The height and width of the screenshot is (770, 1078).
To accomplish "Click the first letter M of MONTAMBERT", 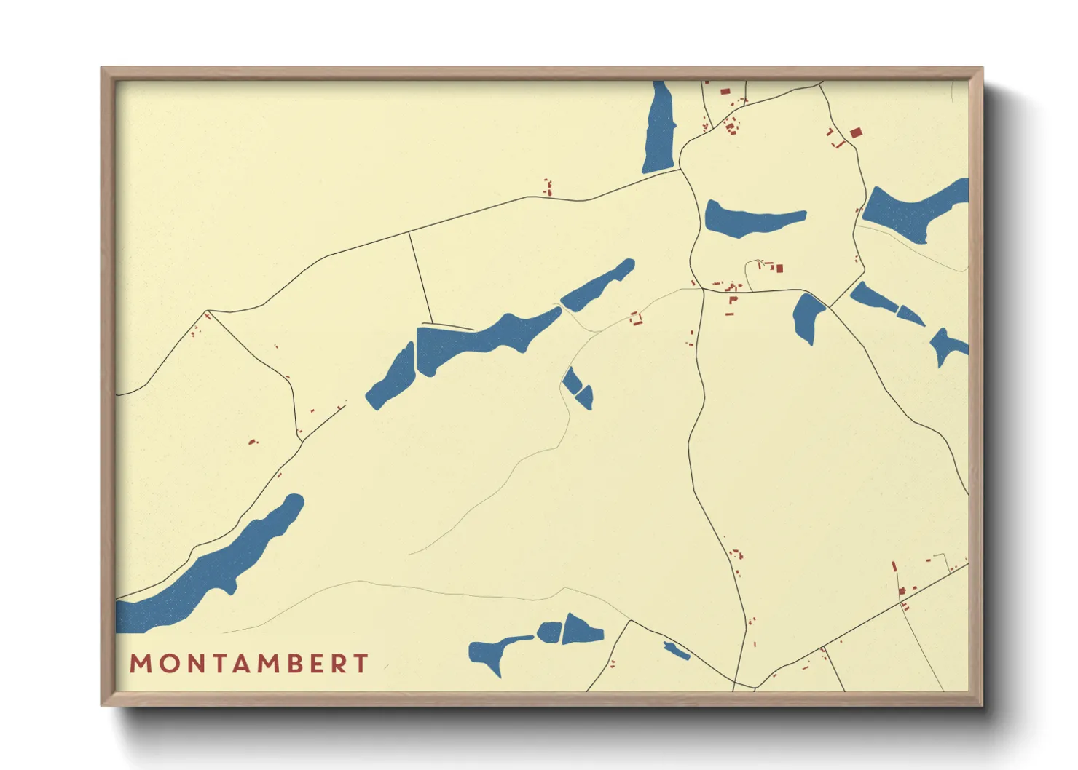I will pyautogui.click(x=141, y=664).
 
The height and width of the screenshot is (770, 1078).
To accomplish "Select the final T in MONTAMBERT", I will pyautogui.click(x=361, y=664).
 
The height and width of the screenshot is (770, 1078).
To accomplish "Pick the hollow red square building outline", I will pyautogui.click(x=637, y=318).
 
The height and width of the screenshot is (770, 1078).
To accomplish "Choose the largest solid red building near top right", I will pyautogui.click(x=856, y=132).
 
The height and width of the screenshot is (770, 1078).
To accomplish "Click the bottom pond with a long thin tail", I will pyautogui.click(x=492, y=650).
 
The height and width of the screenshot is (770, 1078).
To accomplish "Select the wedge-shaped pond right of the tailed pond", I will pyautogui.click(x=581, y=629).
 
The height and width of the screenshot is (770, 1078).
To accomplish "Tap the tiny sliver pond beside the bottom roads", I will pyautogui.click(x=677, y=651).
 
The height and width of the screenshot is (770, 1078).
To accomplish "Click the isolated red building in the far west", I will pyautogui.click(x=252, y=441).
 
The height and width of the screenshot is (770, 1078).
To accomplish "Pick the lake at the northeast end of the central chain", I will pyautogui.click(x=597, y=286).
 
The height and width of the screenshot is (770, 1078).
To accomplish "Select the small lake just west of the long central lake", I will pyautogui.click(x=392, y=378).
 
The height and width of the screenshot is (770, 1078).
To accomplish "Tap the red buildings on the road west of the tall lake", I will pyautogui.click(x=548, y=187).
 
